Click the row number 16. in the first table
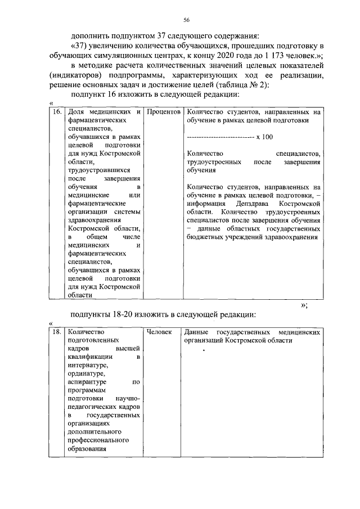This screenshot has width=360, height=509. [56, 112]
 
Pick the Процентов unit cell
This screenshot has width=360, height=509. [163, 112]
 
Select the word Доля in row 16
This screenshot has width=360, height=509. [75, 112]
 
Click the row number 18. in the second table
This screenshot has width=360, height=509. [56, 332]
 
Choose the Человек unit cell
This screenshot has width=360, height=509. [159, 332]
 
